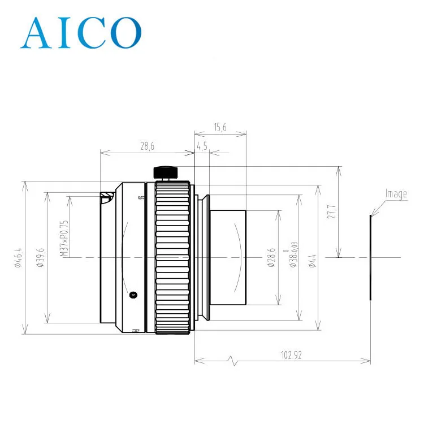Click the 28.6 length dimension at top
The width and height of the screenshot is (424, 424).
[x=147, y=146]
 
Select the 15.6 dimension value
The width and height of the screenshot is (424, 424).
[x=220, y=128]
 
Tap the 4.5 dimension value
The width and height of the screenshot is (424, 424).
[x=202, y=146]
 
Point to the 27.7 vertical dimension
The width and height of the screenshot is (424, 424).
[x=332, y=212]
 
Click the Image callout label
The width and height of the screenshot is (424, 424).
[x=396, y=194]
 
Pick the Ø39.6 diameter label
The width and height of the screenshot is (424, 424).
[x=40, y=257]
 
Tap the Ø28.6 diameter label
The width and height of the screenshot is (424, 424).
[x=272, y=257]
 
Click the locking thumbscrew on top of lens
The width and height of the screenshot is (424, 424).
[x=165, y=172]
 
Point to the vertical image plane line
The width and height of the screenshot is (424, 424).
[x=371, y=257]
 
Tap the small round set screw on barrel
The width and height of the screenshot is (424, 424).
[x=133, y=294]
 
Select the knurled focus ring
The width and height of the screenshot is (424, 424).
[x=172, y=257]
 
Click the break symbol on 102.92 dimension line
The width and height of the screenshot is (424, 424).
[x=230, y=360]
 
